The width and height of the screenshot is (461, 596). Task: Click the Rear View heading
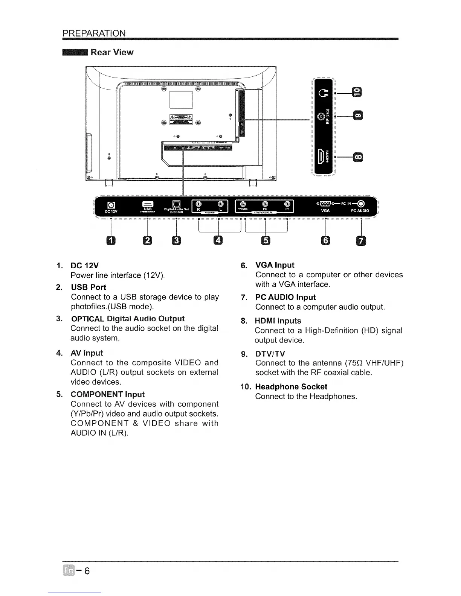pyautogui.click(x=112, y=52)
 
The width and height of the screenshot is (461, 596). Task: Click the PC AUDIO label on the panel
pyautogui.click(x=360, y=211)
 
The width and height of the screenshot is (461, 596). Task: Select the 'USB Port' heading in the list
pyautogui.click(x=89, y=287)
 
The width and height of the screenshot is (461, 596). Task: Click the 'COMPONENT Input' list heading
pyautogui.click(x=107, y=394)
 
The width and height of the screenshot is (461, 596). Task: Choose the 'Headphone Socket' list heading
pyautogui.click(x=291, y=387)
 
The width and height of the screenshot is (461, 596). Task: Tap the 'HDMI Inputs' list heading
pyautogui.click(x=278, y=321)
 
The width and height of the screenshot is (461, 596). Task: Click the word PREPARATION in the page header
pyautogui.click(x=94, y=33)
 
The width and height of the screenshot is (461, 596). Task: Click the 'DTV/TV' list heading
pyautogui.click(x=270, y=354)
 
